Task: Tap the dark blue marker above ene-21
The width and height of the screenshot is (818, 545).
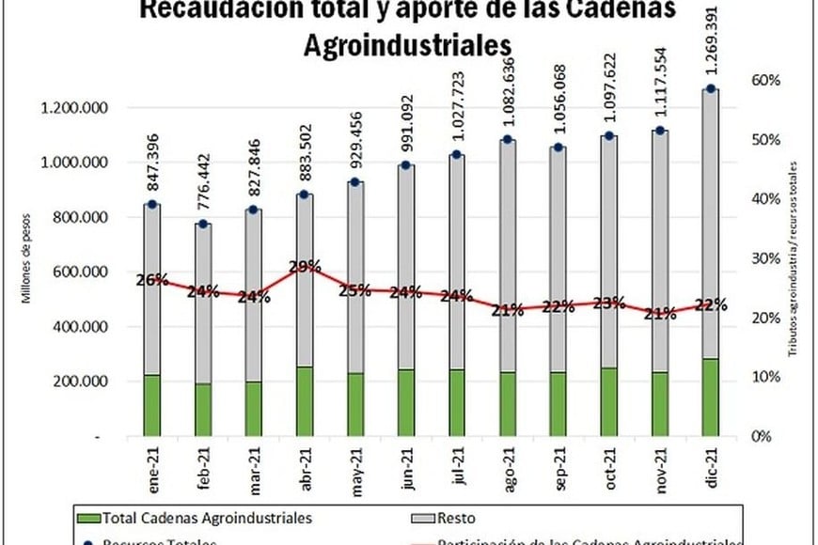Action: [151, 205]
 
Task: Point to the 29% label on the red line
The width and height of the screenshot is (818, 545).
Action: [305, 267]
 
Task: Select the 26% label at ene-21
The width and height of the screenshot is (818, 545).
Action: [151, 280]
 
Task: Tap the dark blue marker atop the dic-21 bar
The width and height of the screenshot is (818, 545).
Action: [712, 89]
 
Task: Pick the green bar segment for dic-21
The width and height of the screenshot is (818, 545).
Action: [712, 397]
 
